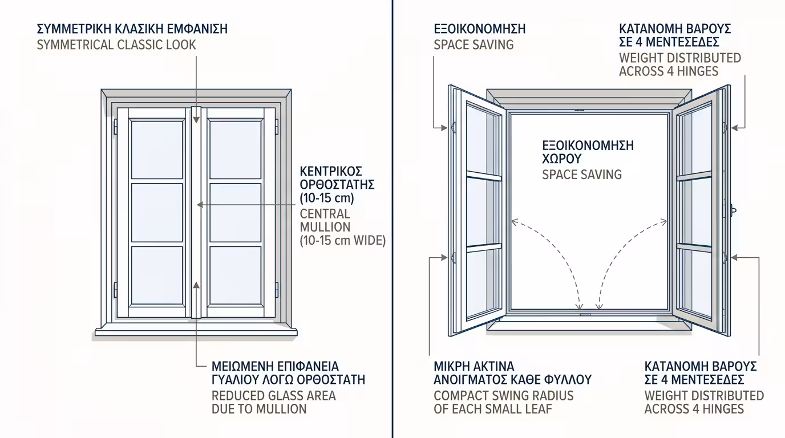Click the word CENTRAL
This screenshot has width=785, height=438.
click(x=325, y=214)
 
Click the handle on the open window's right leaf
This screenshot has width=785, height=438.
click(x=732, y=210)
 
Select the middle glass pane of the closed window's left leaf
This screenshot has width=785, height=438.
click(x=157, y=213)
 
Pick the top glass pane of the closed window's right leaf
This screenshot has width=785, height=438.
click(x=235, y=149)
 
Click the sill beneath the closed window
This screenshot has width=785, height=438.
click(x=197, y=330)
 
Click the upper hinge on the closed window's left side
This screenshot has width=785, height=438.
click(x=116, y=127)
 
